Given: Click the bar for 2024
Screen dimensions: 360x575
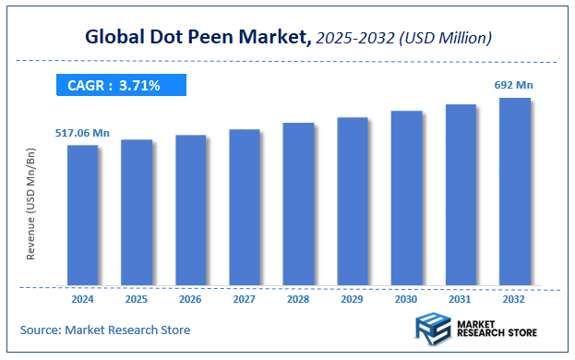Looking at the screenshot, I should tap(82, 215).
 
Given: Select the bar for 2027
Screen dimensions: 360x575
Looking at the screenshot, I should tap(245, 207).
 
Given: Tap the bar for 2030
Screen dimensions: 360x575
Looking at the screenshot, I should tap(407, 198).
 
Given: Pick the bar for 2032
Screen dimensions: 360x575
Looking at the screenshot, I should tap(515, 191).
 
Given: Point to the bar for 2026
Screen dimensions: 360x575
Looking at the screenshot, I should tap(190, 210).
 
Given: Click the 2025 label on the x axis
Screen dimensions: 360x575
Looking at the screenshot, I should tap(137, 299).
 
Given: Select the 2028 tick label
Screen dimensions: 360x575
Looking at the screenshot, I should tap(298, 299).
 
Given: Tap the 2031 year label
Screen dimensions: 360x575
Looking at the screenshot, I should tap(461, 299).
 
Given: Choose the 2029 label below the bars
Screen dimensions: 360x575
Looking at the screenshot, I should tap(353, 299).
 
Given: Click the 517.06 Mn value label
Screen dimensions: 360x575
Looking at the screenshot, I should tap(82, 134).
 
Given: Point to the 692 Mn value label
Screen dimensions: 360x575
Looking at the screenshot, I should tap(514, 86).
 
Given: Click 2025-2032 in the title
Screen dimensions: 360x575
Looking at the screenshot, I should tap(352, 38).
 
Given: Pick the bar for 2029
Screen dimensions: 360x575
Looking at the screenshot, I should tap(353, 201).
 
